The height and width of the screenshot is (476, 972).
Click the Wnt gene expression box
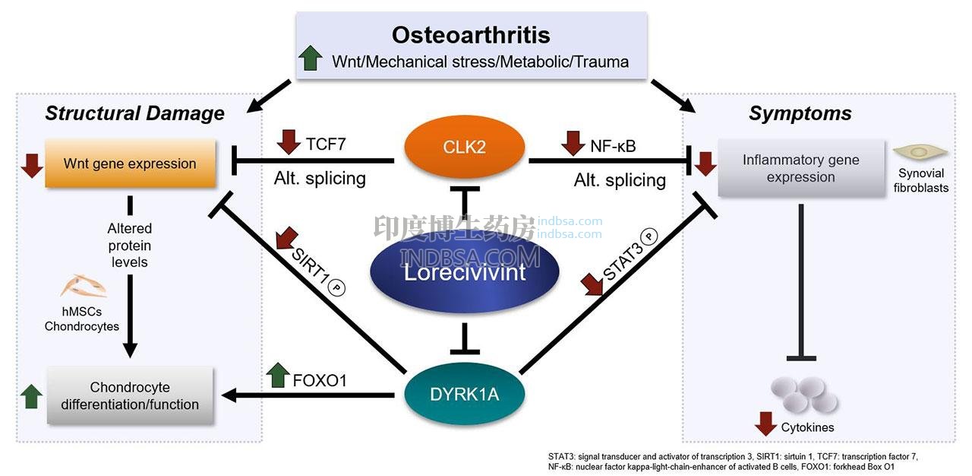130,163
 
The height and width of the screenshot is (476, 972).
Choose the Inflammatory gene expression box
800,168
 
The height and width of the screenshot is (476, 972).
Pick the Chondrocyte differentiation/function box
130,395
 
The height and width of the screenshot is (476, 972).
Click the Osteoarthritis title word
471,35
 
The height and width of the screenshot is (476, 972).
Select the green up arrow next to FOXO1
278,375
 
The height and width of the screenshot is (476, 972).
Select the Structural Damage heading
134,113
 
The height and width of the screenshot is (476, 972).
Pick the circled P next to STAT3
649,236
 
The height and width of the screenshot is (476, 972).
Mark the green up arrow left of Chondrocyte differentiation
31,395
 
